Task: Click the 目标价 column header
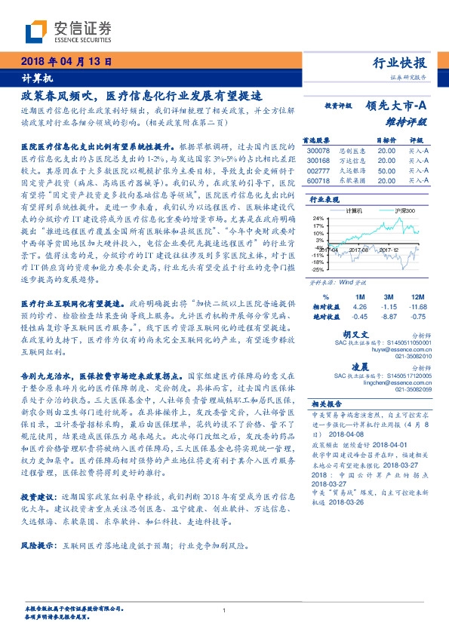pyautogui.click(x=386, y=140)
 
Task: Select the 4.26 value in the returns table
pyautogui.click(x=359, y=308)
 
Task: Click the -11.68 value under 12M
pyautogui.click(x=417, y=308)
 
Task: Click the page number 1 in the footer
pyautogui.click(x=224, y=610)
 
